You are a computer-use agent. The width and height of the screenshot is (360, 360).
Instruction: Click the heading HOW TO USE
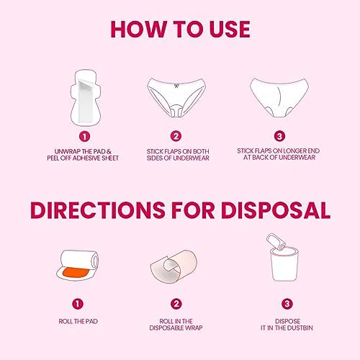click(180, 30)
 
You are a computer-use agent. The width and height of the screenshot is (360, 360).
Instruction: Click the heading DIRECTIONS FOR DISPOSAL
click(180, 210)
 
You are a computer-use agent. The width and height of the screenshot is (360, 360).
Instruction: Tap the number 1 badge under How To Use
click(84, 137)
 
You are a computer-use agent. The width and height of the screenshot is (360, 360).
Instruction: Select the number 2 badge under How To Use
click(176, 136)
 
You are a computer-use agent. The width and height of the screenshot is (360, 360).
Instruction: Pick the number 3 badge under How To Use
click(279, 136)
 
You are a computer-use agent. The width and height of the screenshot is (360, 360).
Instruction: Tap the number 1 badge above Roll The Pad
click(78, 304)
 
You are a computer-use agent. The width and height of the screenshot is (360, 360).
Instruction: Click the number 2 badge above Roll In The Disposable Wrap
click(176, 304)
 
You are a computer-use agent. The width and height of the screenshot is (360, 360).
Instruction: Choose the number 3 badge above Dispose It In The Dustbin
click(287, 304)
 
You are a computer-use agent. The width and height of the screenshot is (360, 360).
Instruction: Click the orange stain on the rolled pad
click(76, 273)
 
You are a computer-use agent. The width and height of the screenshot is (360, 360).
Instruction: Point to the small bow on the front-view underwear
click(176, 86)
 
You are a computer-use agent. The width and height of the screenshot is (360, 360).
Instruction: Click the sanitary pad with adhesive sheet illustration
click(86, 97)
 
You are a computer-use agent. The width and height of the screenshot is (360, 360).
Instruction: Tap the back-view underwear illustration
click(279, 97)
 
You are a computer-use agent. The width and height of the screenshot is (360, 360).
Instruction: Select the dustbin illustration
click(284, 264)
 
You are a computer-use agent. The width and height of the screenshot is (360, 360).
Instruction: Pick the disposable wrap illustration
click(174, 266)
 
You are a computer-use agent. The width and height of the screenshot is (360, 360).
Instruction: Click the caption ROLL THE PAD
click(78, 321)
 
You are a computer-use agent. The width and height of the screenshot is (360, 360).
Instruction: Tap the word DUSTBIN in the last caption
click(300, 328)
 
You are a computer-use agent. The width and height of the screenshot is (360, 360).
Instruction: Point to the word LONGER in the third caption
click(291, 151)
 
